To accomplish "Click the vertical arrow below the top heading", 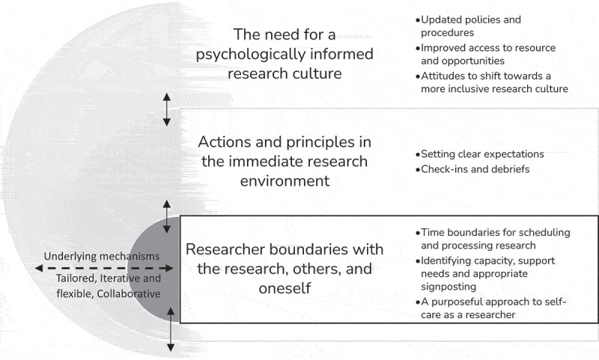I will [x=168, y=110].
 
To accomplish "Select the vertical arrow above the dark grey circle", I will [x=168, y=213].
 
